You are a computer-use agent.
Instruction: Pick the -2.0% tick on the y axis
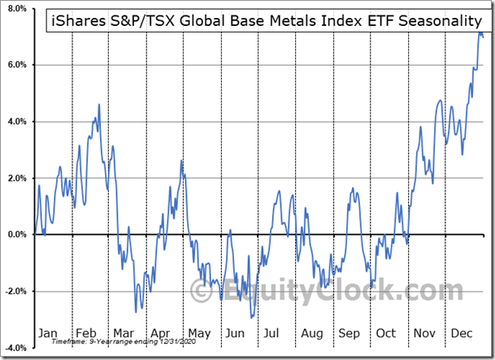(14, 291)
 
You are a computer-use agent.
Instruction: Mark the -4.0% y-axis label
(14, 348)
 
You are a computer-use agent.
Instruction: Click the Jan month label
(48, 333)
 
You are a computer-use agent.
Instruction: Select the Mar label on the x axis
(124, 333)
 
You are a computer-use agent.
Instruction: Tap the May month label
(199, 333)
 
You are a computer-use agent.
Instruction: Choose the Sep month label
(349, 333)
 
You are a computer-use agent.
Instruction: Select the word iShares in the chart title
(79, 21)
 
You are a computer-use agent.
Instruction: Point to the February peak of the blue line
(99, 104)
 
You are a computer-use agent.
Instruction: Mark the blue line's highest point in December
(480, 31)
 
